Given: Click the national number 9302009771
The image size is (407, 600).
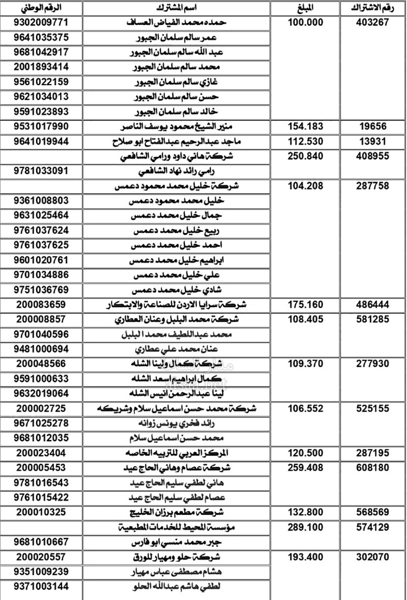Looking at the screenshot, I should click(x=41, y=22).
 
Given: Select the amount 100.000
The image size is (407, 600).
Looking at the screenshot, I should click(x=305, y=22).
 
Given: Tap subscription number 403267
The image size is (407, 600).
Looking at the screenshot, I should click(x=372, y=22).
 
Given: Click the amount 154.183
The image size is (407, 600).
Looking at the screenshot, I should click(x=305, y=126).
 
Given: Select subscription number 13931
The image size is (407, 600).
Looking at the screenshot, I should click(x=372, y=141).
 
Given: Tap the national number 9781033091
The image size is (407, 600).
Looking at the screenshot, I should click(x=41, y=171).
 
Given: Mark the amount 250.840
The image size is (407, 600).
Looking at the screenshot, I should click(x=305, y=156).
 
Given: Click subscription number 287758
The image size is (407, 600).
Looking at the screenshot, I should click(x=372, y=186).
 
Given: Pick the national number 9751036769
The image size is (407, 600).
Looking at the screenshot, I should click(x=41, y=290).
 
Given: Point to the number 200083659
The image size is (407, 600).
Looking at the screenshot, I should click(x=41, y=304).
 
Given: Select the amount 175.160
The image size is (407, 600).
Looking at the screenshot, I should click(x=305, y=304).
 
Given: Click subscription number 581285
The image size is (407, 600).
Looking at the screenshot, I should click(x=372, y=319).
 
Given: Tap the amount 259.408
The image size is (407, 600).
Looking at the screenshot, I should click(x=305, y=468).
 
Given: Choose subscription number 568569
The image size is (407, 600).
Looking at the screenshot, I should click(x=372, y=512).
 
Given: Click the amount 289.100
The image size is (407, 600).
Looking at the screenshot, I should click(x=305, y=527).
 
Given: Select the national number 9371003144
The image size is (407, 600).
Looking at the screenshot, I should click(x=41, y=587).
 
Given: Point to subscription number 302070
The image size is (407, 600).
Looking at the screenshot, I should click(x=372, y=557).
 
